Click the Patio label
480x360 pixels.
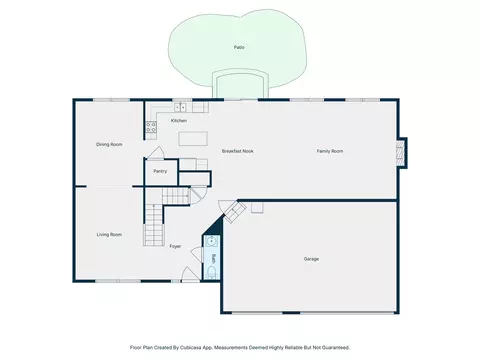pos(239,47)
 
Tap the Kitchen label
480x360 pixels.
pos(179,121)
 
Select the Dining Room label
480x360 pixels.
pos(109,144)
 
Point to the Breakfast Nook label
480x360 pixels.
pos(237,151)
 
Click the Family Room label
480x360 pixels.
pos(330,151)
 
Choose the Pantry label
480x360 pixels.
pos(160,171)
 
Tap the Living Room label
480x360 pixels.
pos(109,235)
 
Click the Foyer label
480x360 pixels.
pos(175,246)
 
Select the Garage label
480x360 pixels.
pos(311,259)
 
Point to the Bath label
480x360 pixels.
pos(214,257)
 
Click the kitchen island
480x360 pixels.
pos(193,139)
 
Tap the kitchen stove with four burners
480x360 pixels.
pos(151,126)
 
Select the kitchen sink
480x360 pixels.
pos(180,107)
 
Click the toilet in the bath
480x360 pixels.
pos(212,273)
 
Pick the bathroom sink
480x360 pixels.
pos(211,241)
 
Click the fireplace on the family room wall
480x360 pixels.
pos(402,152)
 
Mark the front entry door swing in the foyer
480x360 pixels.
pos(190,274)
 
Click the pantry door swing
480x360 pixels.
pos(156,153)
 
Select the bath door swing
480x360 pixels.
pos(197,255)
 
